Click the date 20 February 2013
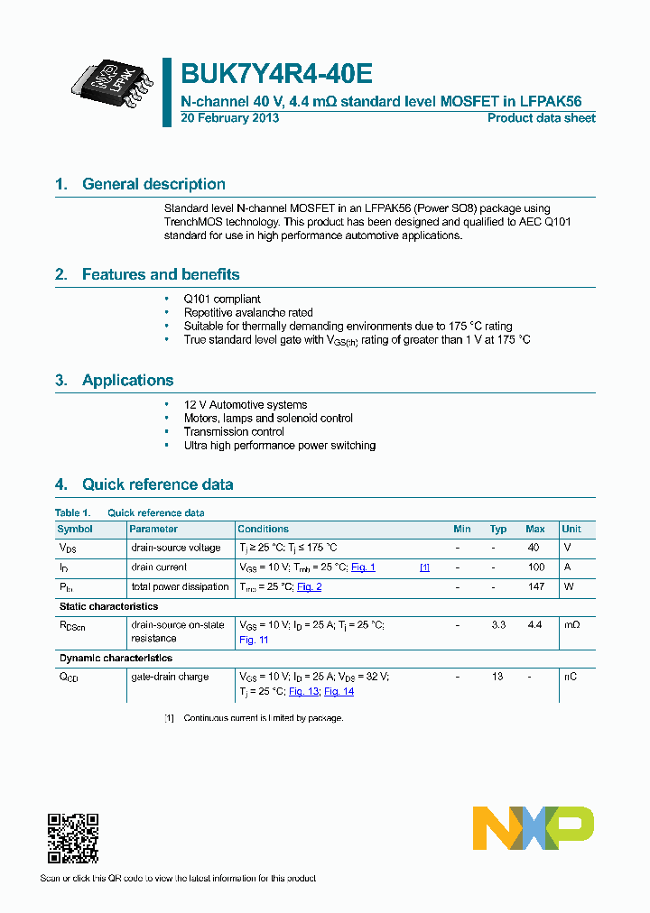tap(230, 118)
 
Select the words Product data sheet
tap(541, 118)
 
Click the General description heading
tap(153, 184)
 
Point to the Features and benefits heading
tap(161, 274)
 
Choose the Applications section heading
tap(127, 381)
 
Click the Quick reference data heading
tap(157, 484)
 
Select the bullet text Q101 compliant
tap(222, 299)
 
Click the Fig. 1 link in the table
tap(363, 567)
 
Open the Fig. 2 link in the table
tap(310, 587)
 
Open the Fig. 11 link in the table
tap(254, 640)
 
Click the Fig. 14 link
tap(339, 691)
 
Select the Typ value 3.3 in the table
tap(497, 624)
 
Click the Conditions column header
tap(263, 529)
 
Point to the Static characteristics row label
tap(108, 606)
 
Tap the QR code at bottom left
tap(72, 838)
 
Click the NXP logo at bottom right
tap(533, 827)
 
